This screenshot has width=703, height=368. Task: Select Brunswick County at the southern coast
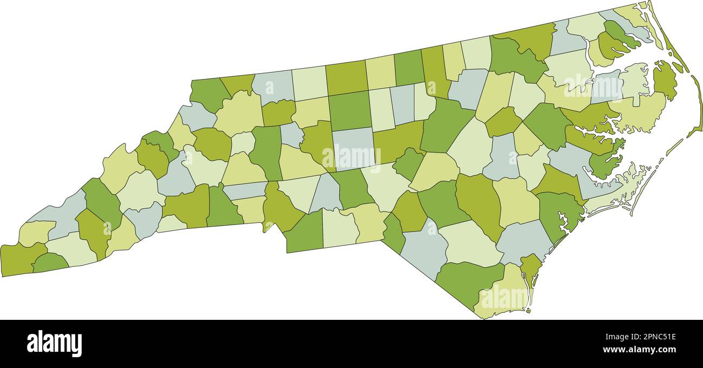pos(500,292)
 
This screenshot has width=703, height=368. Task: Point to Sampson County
pos(479,203)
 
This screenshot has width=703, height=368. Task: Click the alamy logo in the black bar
pos(54,344)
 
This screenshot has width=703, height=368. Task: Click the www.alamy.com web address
pos(638,350)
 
